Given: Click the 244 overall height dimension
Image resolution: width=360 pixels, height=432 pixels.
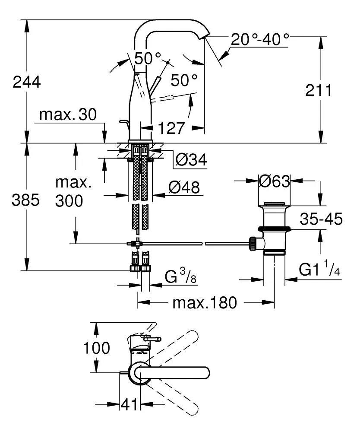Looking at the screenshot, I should (27, 81).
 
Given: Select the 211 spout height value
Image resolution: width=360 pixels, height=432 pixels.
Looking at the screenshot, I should (319, 90).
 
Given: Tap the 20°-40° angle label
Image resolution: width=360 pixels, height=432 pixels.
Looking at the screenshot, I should (260, 40).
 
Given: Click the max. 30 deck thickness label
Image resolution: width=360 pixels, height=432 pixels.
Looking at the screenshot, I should (68, 115).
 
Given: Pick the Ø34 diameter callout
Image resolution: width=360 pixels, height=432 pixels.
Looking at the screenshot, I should (191, 160).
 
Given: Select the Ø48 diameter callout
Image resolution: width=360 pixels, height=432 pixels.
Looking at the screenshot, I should (184, 187).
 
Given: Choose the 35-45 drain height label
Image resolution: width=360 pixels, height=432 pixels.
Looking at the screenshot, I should (322, 219).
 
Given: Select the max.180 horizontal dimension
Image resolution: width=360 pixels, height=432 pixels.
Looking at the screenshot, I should (205, 303).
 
